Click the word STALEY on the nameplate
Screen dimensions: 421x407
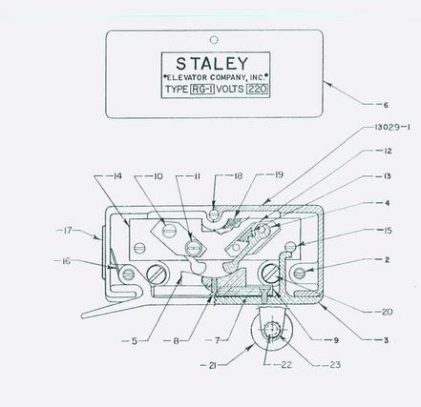(x=212, y=64)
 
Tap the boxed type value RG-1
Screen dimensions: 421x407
(x=202, y=90)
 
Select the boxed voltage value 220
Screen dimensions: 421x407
(x=257, y=89)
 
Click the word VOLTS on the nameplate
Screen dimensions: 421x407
(x=230, y=89)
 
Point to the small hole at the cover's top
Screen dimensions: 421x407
(x=215, y=40)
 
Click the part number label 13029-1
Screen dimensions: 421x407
(x=390, y=128)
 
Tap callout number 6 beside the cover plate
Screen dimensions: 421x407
(x=386, y=105)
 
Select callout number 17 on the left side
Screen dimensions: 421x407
(x=68, y=230)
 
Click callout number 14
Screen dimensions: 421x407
(x=117, y=176)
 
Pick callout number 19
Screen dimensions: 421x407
(x=279, y=174)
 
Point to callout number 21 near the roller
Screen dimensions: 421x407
(x=213, y=366)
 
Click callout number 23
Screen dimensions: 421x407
(x=335, y=365)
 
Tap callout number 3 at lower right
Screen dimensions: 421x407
(x=386, y=340)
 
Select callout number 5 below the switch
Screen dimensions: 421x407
(x=135, y=341)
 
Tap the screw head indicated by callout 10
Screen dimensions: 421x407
(x=168, y=230)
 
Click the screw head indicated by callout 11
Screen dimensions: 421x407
(x=194, y=247)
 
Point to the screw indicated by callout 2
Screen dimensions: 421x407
(x=300, y=273)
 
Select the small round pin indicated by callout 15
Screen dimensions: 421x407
(x=290, y=246)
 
